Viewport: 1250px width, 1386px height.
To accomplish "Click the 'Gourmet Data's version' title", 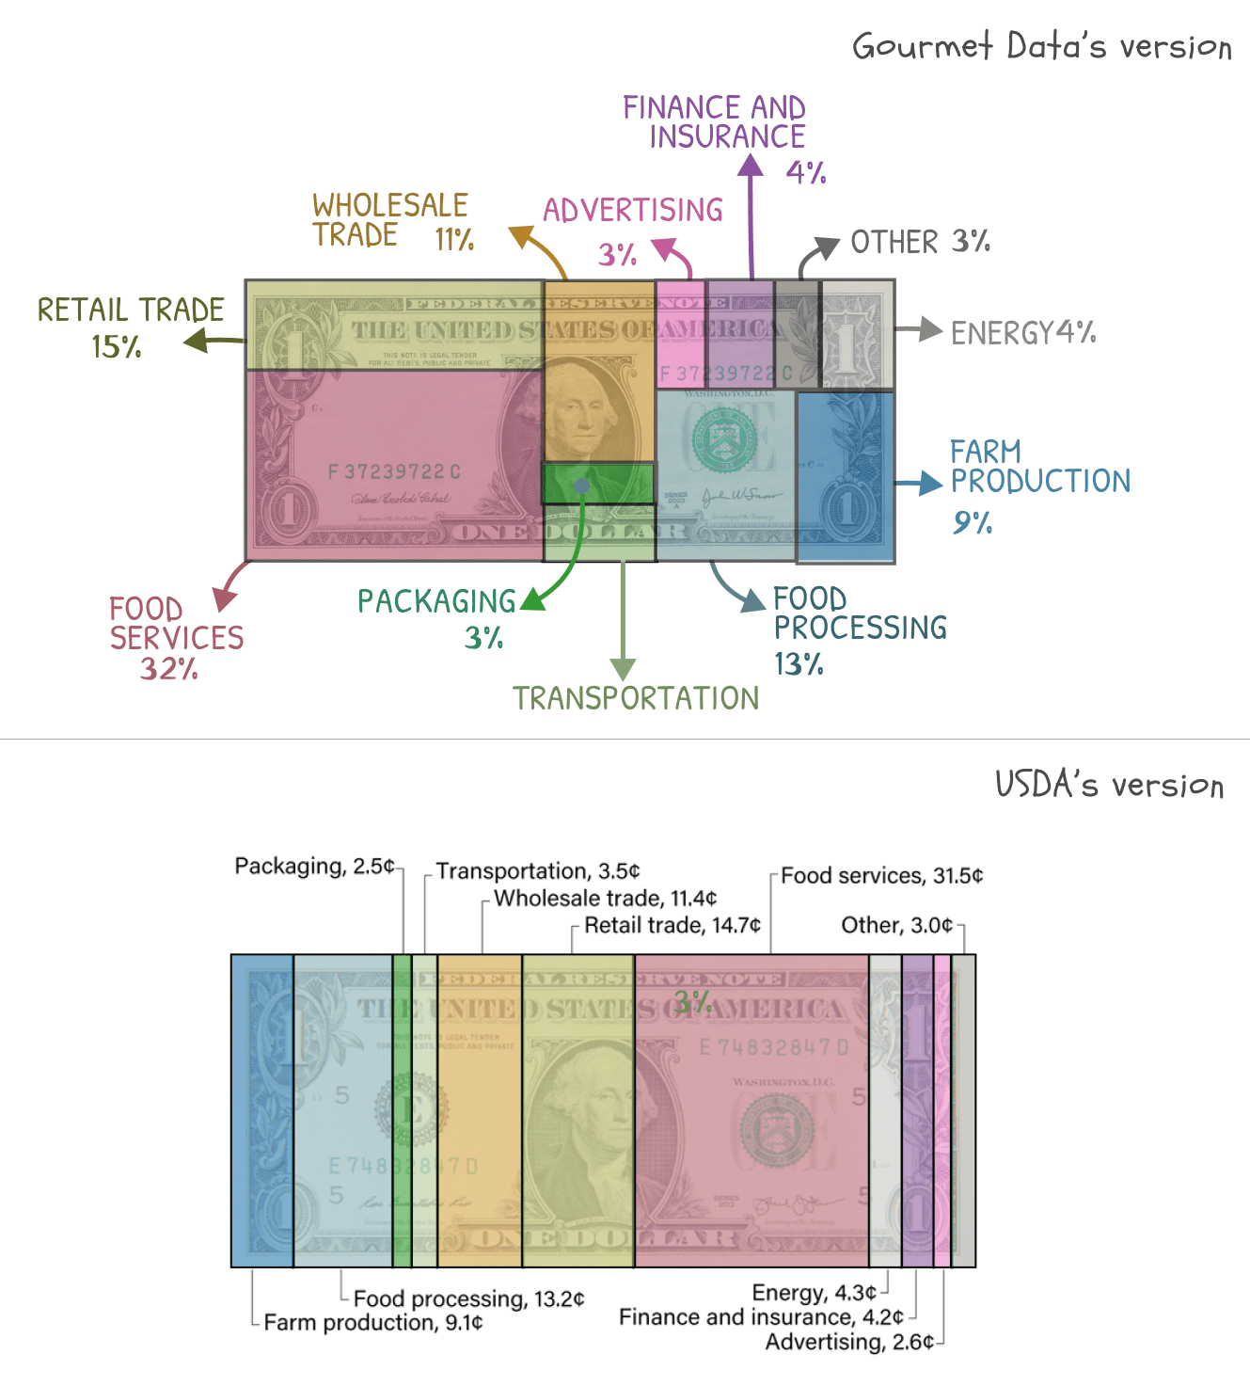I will pos(1041,46).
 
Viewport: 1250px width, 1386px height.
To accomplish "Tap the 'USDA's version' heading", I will pos(1109,785).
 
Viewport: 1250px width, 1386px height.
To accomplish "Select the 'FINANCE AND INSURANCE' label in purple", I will pos(714,122).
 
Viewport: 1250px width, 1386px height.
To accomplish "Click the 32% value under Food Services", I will pos(169,669).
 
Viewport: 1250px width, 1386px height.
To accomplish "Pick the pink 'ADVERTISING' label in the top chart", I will pos(633,210).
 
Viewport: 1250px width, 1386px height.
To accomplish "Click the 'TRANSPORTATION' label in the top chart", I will pos(636,698).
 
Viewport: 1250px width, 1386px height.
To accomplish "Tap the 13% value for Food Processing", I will pos(799,664).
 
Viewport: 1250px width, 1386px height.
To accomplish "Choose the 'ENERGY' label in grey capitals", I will pos(1001,333).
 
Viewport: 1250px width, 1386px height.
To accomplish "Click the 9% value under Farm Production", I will pos(973,522).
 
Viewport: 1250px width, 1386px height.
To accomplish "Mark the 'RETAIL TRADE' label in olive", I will pos(131,310).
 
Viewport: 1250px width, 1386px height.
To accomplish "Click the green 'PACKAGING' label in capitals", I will pos(436,601).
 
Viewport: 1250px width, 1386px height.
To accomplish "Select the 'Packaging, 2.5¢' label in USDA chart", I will pos(314,866).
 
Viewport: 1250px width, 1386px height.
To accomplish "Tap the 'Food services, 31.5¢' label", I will pos(881,876).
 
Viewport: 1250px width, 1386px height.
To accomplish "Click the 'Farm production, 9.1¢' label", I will pos(372,1323).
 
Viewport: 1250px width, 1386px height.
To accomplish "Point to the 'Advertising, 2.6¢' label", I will pos(848,1342).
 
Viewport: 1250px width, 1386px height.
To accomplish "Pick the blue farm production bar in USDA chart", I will pos(262,1110).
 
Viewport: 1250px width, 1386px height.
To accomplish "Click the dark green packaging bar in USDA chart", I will pos(403,1110).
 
